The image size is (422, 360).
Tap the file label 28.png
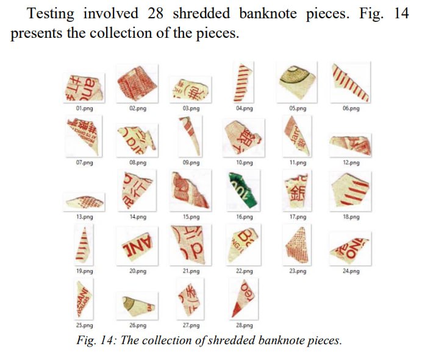pyautogui.click(x=244, y=325)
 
